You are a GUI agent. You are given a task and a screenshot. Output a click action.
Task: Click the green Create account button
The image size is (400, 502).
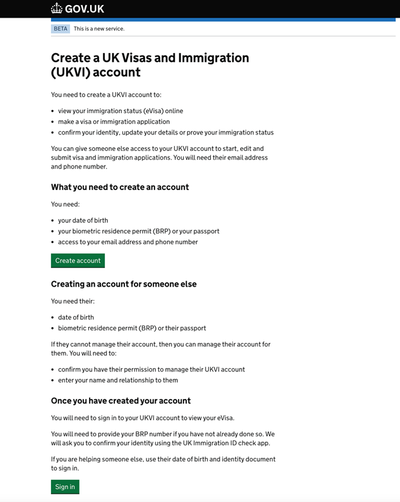[x=78, y=260]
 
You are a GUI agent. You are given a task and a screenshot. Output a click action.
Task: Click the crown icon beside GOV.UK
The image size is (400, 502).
[x=57, y=9]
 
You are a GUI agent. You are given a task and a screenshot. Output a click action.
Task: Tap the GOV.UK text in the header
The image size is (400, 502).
[x=85, y=9]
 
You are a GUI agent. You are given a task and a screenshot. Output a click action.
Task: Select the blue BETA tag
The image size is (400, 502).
[x=61, y=28]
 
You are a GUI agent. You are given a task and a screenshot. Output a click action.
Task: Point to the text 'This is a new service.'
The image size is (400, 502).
[x=99, y=28]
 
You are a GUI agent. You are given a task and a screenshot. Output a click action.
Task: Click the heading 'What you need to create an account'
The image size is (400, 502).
[x=120, y=187]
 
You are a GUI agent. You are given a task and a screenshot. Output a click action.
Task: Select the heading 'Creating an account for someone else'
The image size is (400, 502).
[x=124, y=284]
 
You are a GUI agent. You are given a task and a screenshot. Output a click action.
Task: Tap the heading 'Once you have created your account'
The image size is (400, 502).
[x=121, y=400]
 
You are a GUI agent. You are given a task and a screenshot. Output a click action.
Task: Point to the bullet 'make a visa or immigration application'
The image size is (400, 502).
[x=114, y=121]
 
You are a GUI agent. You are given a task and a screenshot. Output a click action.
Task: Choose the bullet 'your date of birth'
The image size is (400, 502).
[x=83, y=220]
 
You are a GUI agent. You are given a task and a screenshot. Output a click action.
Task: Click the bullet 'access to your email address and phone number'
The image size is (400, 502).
[x=127, y=242]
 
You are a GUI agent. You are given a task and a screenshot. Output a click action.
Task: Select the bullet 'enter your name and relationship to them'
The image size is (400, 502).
[x=118, y=380]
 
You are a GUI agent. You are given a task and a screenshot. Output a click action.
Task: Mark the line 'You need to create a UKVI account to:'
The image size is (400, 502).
[x=106, y=95]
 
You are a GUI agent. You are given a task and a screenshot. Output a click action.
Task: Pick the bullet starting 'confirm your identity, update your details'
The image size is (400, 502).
[x=165, y=133]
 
